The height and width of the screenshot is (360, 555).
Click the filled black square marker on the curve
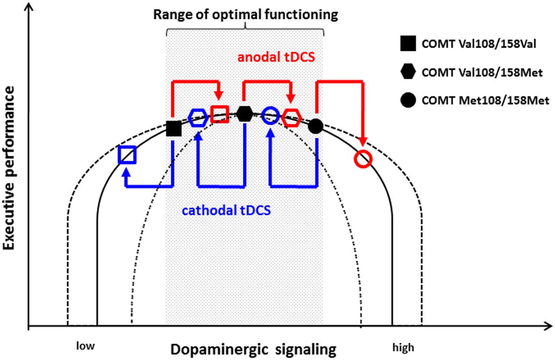tap(173, 129)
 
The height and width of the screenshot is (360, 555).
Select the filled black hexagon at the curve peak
tap(244, 113)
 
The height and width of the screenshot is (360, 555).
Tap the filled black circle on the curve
tap(315, 126)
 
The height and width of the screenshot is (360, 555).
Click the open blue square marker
tap(127, 155)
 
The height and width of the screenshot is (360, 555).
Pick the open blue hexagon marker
tap(198, 118)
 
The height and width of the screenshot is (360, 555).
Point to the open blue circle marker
tap(270, 115)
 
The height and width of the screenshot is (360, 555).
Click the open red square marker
tap(219, 114)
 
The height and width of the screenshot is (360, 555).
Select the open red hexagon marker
tap(292, 118)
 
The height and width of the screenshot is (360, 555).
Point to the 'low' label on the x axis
tap(86, 346)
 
